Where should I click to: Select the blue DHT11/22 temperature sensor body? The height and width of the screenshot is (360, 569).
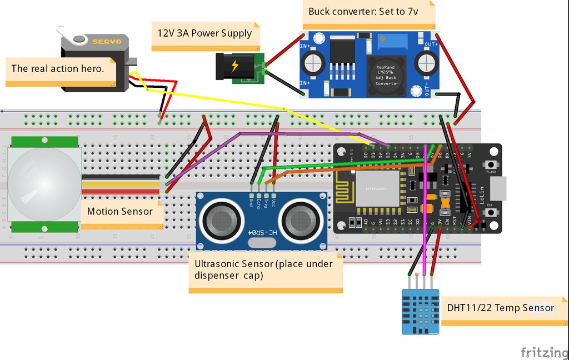click(x=421, y=312)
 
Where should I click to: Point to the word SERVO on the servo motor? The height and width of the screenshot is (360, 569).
click(x=107, y=42)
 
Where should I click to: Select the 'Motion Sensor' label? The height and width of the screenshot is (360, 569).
click(x=120, y=211)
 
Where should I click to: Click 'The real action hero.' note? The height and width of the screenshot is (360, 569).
click(x=57, y=69)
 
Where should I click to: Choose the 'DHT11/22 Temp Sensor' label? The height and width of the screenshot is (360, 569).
click(x=500, y=307)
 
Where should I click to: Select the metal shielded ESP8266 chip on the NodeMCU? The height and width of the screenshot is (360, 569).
click(x=377, y=188)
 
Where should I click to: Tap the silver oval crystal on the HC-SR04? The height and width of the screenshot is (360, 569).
click(x=262, y=242)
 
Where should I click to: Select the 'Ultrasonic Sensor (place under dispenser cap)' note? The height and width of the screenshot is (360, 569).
click(x=264, y=269)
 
